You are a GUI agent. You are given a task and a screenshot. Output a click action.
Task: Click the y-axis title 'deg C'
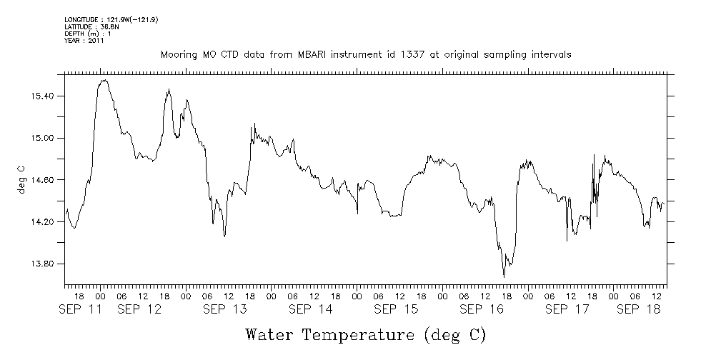point(21,180)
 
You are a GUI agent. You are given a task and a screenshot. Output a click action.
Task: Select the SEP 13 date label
point(224,309)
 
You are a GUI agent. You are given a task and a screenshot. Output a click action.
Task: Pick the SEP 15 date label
point(396,309)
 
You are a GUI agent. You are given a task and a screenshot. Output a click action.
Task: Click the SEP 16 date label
point(482,309)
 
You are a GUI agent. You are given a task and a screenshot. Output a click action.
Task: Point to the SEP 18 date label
point(638,309)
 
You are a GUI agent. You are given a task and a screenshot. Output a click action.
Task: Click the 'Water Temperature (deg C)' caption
point(365,334)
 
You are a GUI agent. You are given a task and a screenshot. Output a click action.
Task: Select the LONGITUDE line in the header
point(111,20)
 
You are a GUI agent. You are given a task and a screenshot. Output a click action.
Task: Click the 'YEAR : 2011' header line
point(84,41)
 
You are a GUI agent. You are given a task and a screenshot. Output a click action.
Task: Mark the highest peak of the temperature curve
point(104,80)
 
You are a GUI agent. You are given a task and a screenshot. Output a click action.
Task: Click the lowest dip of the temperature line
point(504,276)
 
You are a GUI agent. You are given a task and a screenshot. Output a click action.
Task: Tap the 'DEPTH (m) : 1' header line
point(87,34)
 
